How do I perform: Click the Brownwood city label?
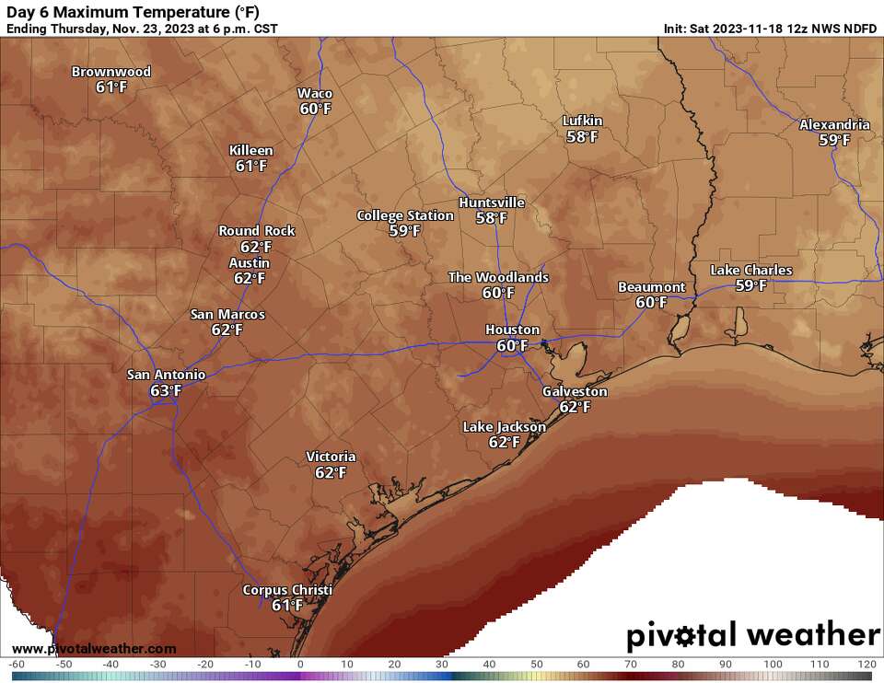(111, 72)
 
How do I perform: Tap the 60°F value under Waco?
(315, 109)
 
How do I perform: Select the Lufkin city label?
(583, 122)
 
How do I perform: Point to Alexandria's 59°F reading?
(834, 140)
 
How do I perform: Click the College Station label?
(405, 215)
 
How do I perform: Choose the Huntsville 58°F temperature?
(491, 218)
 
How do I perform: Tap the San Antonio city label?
(166, 375)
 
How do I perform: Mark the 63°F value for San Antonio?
(166, 391)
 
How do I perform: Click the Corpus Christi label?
(287, 590)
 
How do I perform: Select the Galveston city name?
(575, 391)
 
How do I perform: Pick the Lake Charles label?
(750, 271)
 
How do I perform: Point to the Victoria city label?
(331, 457)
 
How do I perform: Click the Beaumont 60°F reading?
(651, 303)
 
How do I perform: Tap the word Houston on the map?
(513, 330)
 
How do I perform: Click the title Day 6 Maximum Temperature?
(133, 11)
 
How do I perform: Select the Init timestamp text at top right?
(770, 29)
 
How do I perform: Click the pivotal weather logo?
(752, 636)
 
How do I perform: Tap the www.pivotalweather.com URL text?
(95, 649)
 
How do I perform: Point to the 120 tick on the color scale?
(865, 665)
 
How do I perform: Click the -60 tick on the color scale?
(16, 665)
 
